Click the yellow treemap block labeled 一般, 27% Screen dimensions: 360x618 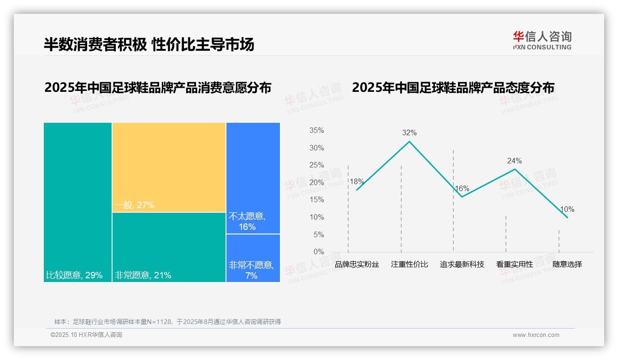click(169, 167)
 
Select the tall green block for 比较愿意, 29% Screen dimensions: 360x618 click(77, 202)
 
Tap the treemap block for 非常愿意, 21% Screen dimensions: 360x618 click(169, 247)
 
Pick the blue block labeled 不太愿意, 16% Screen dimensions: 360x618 click(253, 178)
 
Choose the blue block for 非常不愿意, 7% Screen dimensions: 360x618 click(253, 258)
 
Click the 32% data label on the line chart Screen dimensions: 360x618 click(409, 133)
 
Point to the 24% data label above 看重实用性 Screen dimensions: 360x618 click(514, 161)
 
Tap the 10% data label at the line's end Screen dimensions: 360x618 click(567, 210)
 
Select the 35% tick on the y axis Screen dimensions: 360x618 click(316, 131)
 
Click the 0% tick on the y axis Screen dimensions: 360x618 click(319, 252)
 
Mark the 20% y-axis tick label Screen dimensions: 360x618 click(316, 183)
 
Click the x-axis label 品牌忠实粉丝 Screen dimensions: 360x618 click(357, 264)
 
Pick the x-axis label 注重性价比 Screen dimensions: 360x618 click(410, 264)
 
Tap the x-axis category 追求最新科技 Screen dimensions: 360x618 click(462, 264)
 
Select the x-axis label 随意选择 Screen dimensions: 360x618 click(567, 264)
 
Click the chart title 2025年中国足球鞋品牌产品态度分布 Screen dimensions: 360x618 click(453, 88)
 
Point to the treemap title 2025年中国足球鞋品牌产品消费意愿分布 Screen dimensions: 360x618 click(158, 88)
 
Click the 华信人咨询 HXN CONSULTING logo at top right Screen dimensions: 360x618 click(542, 40)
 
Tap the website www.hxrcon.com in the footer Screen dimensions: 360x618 click(536, 335)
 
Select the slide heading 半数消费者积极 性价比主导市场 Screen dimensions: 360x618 click(149, 44)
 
